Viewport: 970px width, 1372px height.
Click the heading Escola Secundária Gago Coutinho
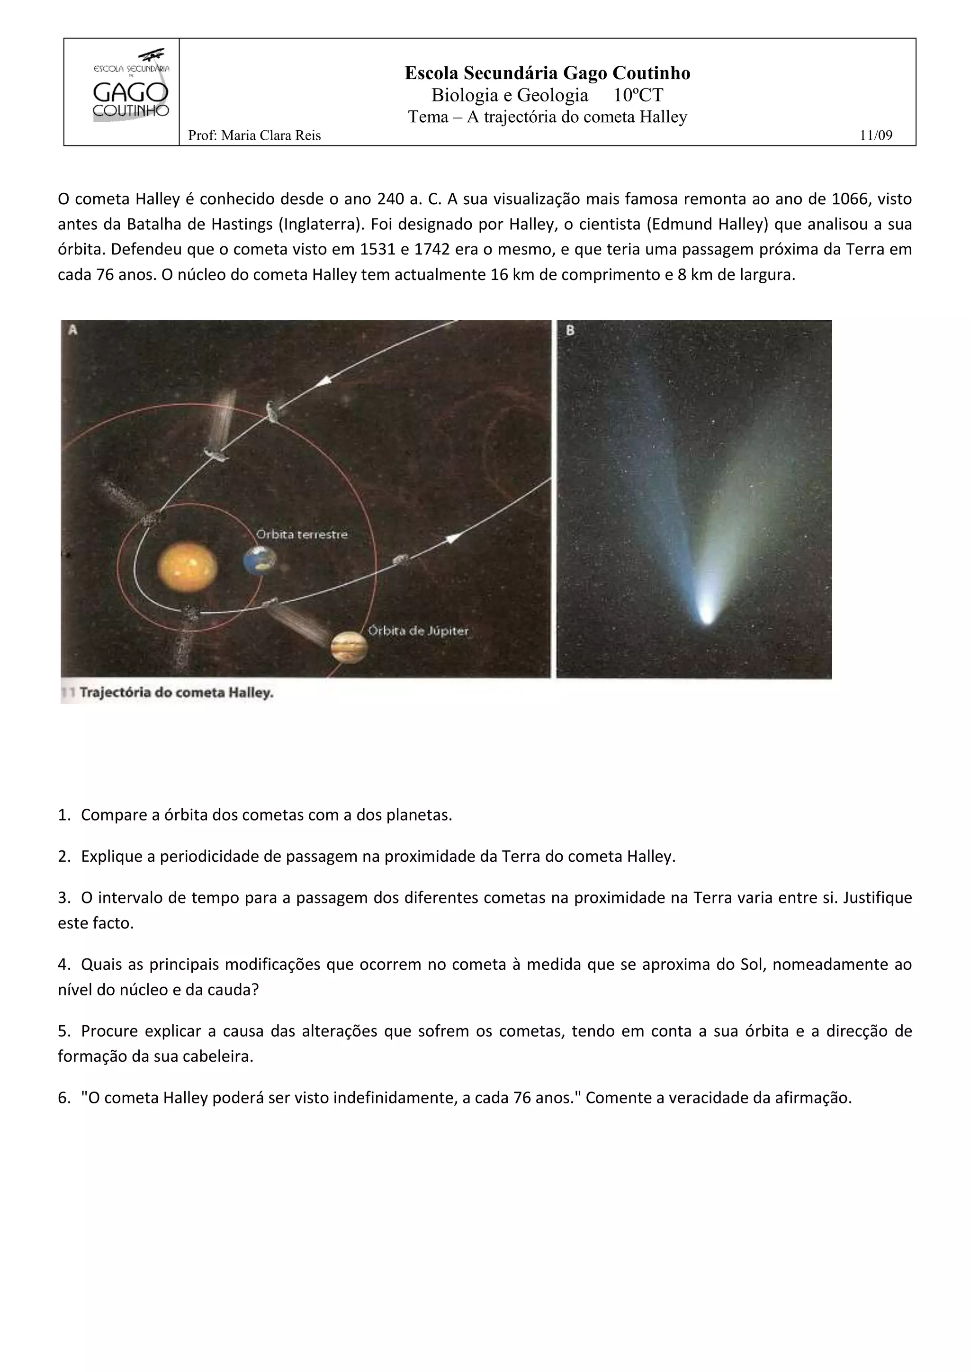547,73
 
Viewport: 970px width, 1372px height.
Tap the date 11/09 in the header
876,135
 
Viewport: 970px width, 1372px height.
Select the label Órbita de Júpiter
418,631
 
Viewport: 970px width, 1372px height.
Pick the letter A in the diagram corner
72,330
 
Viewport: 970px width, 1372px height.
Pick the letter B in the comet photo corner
569,330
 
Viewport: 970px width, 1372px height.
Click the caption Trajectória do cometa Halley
176,693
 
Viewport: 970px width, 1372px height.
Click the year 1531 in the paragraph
357,249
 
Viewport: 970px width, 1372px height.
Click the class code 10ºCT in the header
638,95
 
